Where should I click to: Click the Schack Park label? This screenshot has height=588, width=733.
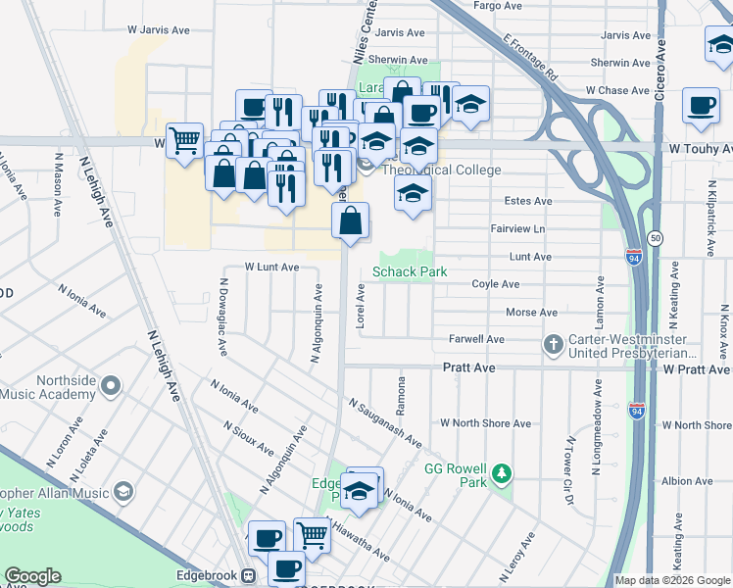pyautogui.click(x=409, y=271)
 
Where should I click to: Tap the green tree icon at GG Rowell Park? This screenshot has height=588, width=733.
pyautogui.click(x=502, y=474)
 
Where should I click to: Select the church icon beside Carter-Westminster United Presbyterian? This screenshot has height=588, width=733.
pyautogui.click(x=554, y=345)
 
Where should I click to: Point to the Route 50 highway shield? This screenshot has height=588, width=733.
pyautogui.click(x=656, y=238)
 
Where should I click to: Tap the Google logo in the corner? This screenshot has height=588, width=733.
pyautogui.click(x=32, y=576)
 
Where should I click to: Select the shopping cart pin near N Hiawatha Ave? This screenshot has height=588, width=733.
pyautogui.click(x=312, y=534)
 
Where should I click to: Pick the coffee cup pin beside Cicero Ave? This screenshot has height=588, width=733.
pyautogui.click(x=700, y=106)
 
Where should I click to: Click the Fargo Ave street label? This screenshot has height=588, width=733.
pyautogui.click(x=498, y=5)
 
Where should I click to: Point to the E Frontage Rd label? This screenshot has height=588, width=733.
pyautogui.click(x=530, y=59)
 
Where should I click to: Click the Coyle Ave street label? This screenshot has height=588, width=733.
pyautogui.click(x=495, y=284)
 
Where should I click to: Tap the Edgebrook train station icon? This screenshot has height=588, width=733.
pyautogui.click(x=250, y=575)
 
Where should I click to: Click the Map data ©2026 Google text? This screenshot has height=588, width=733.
pyautogui.click(x=672, y=580)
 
